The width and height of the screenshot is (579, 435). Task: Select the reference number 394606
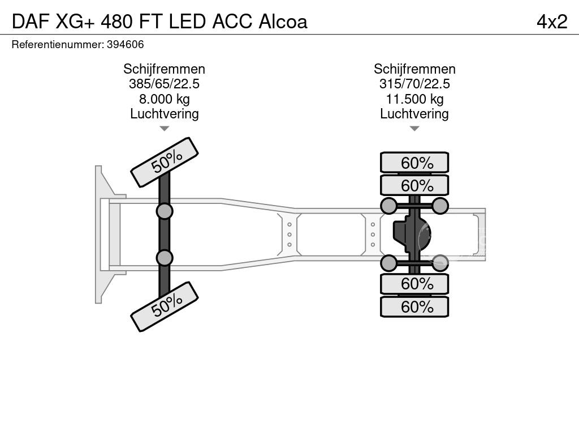(x=125, y=44)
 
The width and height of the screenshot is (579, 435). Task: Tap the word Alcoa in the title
(x=283, y=22)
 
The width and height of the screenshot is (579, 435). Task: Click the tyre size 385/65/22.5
(x=164, y=84)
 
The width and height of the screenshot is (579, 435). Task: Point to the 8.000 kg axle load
(x=164, y=99)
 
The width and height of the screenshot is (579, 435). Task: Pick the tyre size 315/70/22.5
(x=414, y=84)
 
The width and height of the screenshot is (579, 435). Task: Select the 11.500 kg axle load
(x=414, y=99)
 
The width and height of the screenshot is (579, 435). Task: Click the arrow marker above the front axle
(x=164, y=129)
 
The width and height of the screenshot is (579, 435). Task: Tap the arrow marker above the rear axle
(x=414, y=129)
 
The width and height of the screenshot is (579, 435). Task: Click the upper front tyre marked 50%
(x=165, y=162)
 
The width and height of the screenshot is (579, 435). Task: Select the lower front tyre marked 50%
(x=165, y=306)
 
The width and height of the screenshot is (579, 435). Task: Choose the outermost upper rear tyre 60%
(x=414, y=163)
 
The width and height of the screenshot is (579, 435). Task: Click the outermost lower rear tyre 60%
(x=414, y=307)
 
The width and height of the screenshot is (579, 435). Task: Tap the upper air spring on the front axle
(x=165, y=211)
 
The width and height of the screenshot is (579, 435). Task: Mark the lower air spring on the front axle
(x=165, y=258)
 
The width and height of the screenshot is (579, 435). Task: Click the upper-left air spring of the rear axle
(x=389, y=206)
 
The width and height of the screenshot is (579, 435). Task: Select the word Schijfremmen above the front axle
(x=164, y=69)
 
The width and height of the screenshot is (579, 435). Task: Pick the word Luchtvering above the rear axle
(x=414, y=114)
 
